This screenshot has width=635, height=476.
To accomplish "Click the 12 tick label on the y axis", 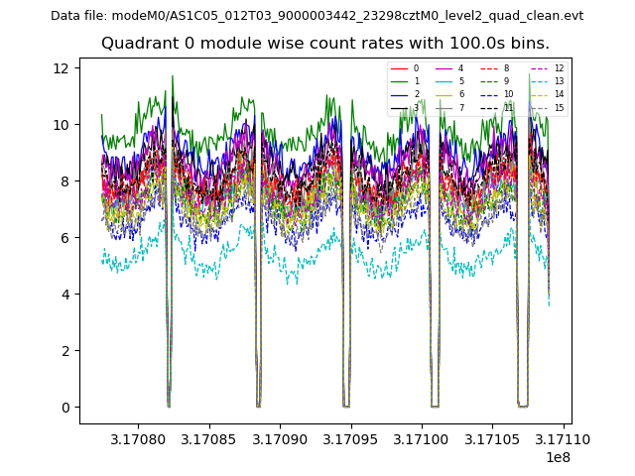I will pos(61,68).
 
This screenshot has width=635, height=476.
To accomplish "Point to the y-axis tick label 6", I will pos(64,238).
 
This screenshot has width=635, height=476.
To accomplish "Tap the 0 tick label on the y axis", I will pos(64,408).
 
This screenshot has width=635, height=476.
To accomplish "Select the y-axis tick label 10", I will pos(61,125).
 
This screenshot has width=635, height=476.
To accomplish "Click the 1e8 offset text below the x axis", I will pos(557,457).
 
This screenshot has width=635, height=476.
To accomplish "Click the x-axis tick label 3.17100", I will pos(422,438).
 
